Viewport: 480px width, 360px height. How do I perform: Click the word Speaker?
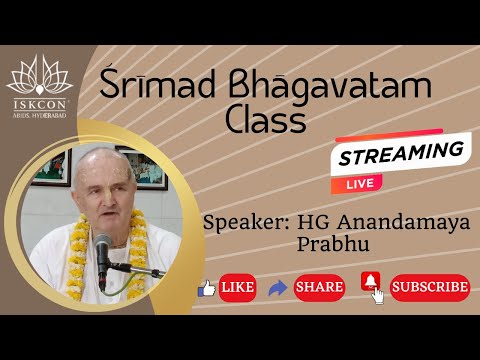pyautogui.click(x=240, y=221)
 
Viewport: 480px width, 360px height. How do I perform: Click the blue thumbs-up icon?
pyautogui.click(x=207, y=287)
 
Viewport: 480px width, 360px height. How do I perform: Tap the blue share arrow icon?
pyautogui.click(x=278, y=287)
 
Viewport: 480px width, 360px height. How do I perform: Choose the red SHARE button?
pyautogui.click(x=319, y=287)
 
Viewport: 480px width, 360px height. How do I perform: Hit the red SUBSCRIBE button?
pyautogui.click(x=430, y=287)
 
